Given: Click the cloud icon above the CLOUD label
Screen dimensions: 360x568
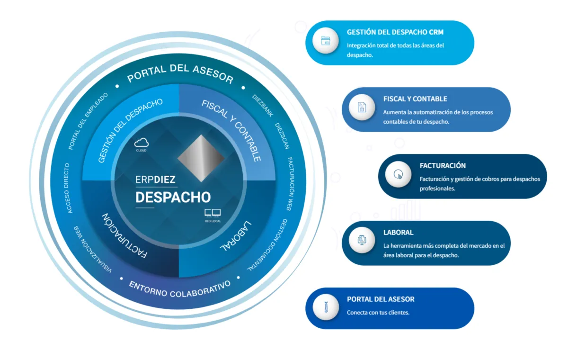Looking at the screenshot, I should (142, 142).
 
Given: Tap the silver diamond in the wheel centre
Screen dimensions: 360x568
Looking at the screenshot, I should (201, 157).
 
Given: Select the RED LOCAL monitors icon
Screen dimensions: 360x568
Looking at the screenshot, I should (213, 213).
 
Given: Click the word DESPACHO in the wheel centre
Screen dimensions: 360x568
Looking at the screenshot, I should (173, 197).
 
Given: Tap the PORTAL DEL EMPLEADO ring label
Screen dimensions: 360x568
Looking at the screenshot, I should (88, 121).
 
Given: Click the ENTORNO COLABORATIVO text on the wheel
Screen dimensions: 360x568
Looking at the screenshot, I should (180, 288).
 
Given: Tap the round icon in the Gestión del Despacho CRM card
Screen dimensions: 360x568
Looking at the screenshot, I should (326, 42).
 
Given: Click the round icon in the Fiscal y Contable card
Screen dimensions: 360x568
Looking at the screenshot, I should (362, 109).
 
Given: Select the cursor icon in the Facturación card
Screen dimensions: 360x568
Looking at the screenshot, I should (398, 176).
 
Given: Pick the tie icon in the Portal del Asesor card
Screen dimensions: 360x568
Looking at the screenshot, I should (326, 308).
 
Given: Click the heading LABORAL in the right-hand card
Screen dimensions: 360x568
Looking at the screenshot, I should (398, 233).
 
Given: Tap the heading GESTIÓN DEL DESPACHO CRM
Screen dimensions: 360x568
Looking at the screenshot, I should (395, 33).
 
